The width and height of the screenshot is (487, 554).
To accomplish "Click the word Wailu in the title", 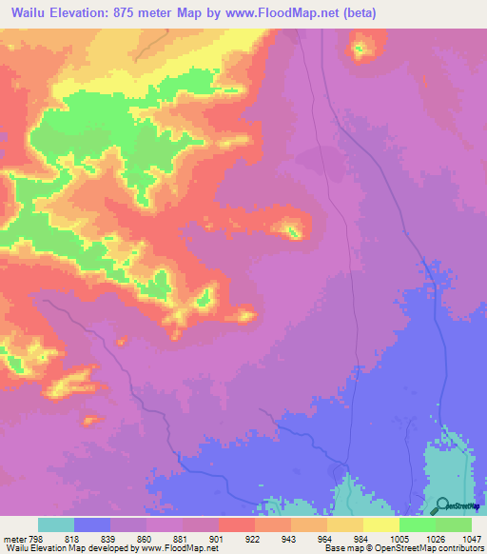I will (x=32, y=13).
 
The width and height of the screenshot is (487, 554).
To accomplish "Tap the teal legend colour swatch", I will (x=56, y=524).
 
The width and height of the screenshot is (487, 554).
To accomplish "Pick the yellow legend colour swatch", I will (x=381, y=524).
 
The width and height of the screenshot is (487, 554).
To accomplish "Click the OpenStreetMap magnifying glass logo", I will (x=443, y=505).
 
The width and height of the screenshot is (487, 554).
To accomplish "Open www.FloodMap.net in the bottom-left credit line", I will (x=180, y=547).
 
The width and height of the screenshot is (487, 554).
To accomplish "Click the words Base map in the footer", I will (x=341, y=547).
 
